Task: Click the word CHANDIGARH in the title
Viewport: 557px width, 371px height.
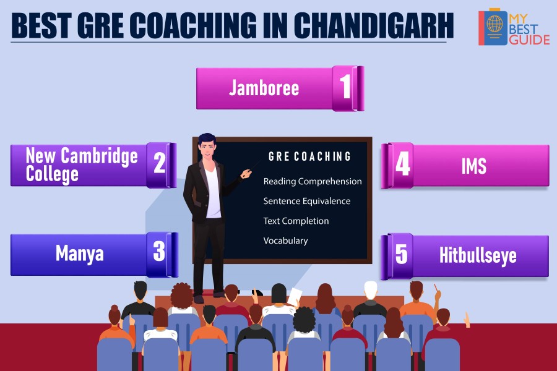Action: pos(373,25)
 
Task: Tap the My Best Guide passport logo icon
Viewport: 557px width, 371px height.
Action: pos(493,28)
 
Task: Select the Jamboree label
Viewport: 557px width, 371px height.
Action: pos(264,88)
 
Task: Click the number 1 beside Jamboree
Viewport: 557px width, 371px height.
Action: pos(345,87)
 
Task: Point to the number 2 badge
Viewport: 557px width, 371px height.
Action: pos(160,163)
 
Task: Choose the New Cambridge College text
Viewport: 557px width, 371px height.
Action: pos(82,164)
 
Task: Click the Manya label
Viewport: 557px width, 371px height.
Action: pos(80,254)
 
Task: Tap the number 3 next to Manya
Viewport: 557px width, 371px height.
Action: pos(159,251)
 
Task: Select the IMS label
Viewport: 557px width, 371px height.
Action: pos(474,166)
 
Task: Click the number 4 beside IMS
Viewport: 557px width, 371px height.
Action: pos(403,164)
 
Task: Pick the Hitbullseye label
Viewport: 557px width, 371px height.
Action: pos(478,255)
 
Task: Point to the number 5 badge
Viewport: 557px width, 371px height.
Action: pos(402,254)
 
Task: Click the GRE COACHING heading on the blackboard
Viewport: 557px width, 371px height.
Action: pos(310,156)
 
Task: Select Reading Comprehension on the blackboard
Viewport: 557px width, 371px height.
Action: pos(313,181)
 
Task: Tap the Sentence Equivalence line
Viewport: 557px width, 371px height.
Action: pos(307,201)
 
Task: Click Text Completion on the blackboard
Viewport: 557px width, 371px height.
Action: pos(296,221)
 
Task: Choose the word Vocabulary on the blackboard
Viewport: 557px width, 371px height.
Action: pos(285,241)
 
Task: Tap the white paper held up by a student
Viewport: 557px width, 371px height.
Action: pos(295,297)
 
